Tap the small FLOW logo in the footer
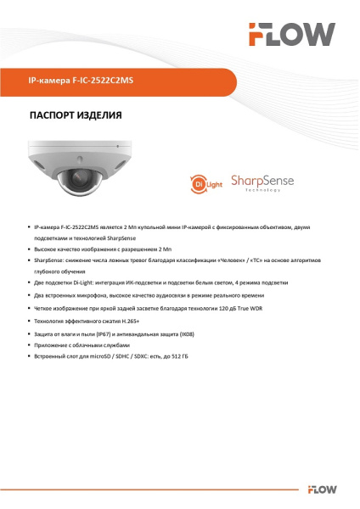pyautogui.click(x=325, y=489)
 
